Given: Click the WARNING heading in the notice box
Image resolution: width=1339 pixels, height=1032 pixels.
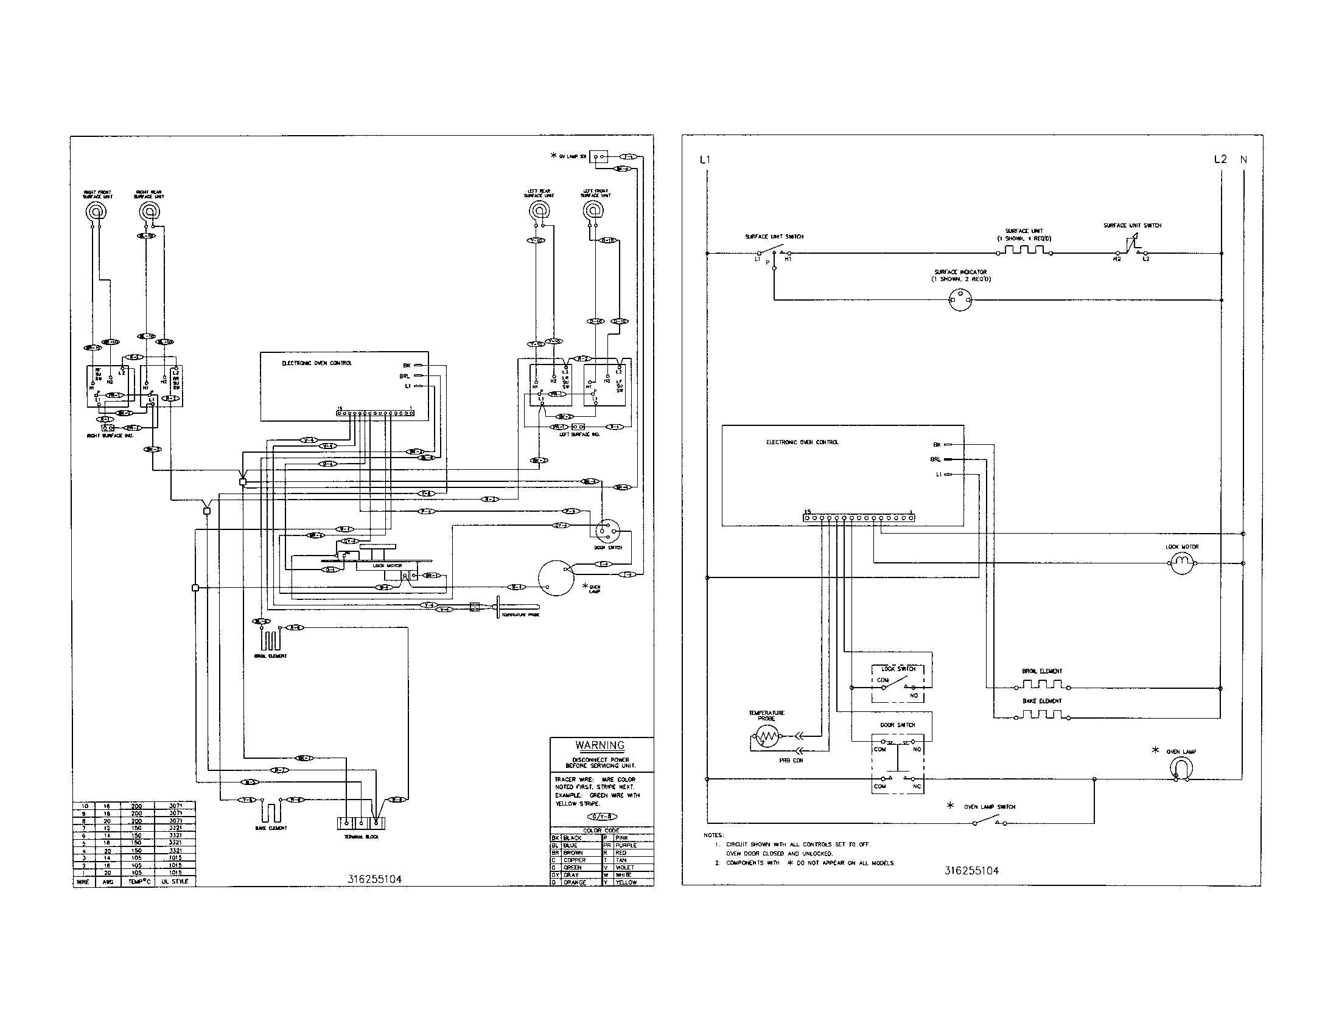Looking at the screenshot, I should pyautogui.click(x=600, y=746).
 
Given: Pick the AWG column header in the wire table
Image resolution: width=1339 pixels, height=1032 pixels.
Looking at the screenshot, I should pyautogui.click(x=108, y=881).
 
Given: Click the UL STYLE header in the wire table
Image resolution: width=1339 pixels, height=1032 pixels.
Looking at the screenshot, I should pyautogui.click(x=175, y=881).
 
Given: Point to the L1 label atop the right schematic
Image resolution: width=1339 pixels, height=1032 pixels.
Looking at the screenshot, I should pyautogui.click(x=705, y=160).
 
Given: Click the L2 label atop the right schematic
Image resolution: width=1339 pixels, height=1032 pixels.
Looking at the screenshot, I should pyautogui.click(x=1220, y=159).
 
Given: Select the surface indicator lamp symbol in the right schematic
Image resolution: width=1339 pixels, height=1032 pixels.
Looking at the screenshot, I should pyautogui.click(x=959, y=299).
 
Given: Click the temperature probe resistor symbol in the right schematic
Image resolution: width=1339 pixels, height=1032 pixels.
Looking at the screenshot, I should pyautogui.click(x=766, y=736).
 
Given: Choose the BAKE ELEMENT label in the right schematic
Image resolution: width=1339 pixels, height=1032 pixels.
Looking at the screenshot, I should pyautogui.click(x=1041, y=700).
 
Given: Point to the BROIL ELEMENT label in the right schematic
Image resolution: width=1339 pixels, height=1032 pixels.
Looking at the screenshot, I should pyautogui.click(x=1041, y=671).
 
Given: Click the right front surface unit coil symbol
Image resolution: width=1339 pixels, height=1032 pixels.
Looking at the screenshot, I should pyautogui.click(x=96, y=211).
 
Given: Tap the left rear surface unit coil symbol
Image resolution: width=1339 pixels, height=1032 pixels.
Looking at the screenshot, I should pyautogui.click(x=539, y=212).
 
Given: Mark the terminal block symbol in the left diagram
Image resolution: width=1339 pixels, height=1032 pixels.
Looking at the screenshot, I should pyautogui.click(x=361, y=823).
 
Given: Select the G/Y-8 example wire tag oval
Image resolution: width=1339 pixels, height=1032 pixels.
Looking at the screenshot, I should pyautogui.click(x=603, y=817).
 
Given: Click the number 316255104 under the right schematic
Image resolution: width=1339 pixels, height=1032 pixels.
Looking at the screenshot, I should pyautogui.click(x=971, y=871).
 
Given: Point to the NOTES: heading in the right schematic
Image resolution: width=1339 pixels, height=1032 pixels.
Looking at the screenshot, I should pyautogui.click(x=713, y=835).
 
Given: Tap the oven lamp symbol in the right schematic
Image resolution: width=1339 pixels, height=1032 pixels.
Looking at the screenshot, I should pyautogui.click(x=1181, y=769).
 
